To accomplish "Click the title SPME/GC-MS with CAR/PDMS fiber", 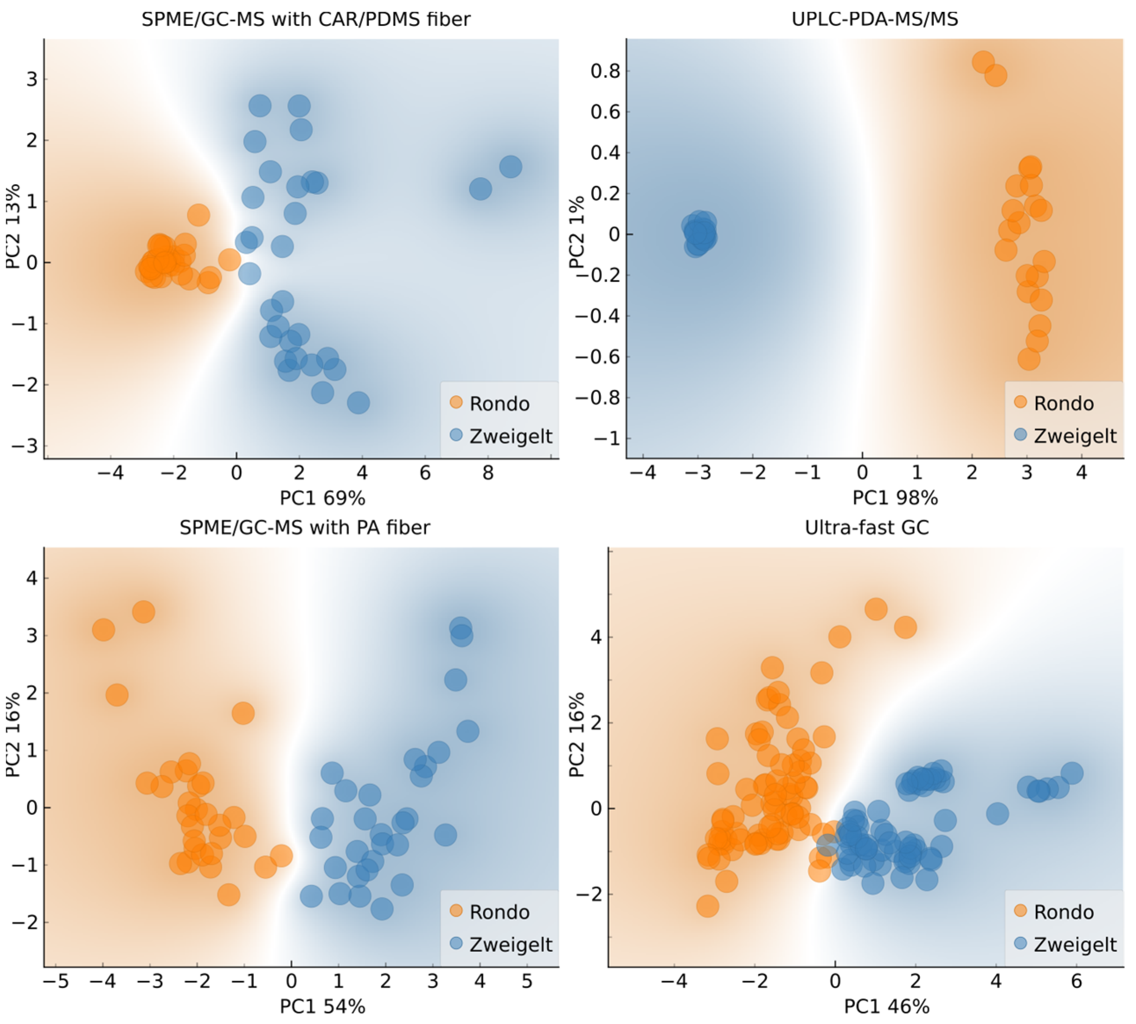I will click(x=305, y=19).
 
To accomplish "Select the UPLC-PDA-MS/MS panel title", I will click(x=875, y=19).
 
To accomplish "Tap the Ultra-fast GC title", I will click(x=867, y=527).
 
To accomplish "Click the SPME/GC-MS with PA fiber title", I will click(x=305, y=527).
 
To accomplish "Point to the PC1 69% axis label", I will click(x=322, y=498).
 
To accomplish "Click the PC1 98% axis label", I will click(x=895, y=498).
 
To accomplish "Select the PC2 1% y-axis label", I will click(x=577, y=233).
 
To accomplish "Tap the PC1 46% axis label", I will click(x=886, y=1006).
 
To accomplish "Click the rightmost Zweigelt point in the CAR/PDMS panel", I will click(x=510, y=167).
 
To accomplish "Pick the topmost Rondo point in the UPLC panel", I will click(x=983, y=62).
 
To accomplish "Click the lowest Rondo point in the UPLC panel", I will click(x=1028, y=359).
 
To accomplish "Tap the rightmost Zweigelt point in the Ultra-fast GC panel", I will click(x=1072, y=773).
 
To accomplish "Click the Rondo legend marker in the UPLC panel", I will click(x=1020, y=402).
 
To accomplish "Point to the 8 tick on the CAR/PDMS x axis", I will click(x=488, y=472).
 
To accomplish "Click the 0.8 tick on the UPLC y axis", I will click(x=608, y=72).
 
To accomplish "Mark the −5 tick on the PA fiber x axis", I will click(x=56, y=981).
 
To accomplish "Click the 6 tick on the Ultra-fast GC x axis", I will click(x=1076, y=981).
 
